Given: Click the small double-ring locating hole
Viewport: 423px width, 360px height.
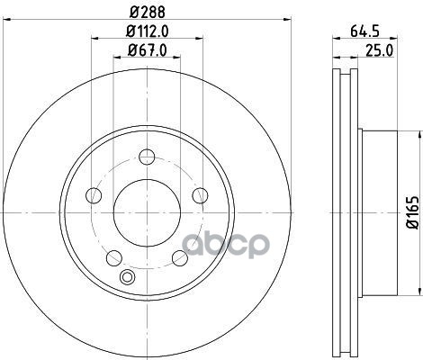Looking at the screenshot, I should pos(127,277).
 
